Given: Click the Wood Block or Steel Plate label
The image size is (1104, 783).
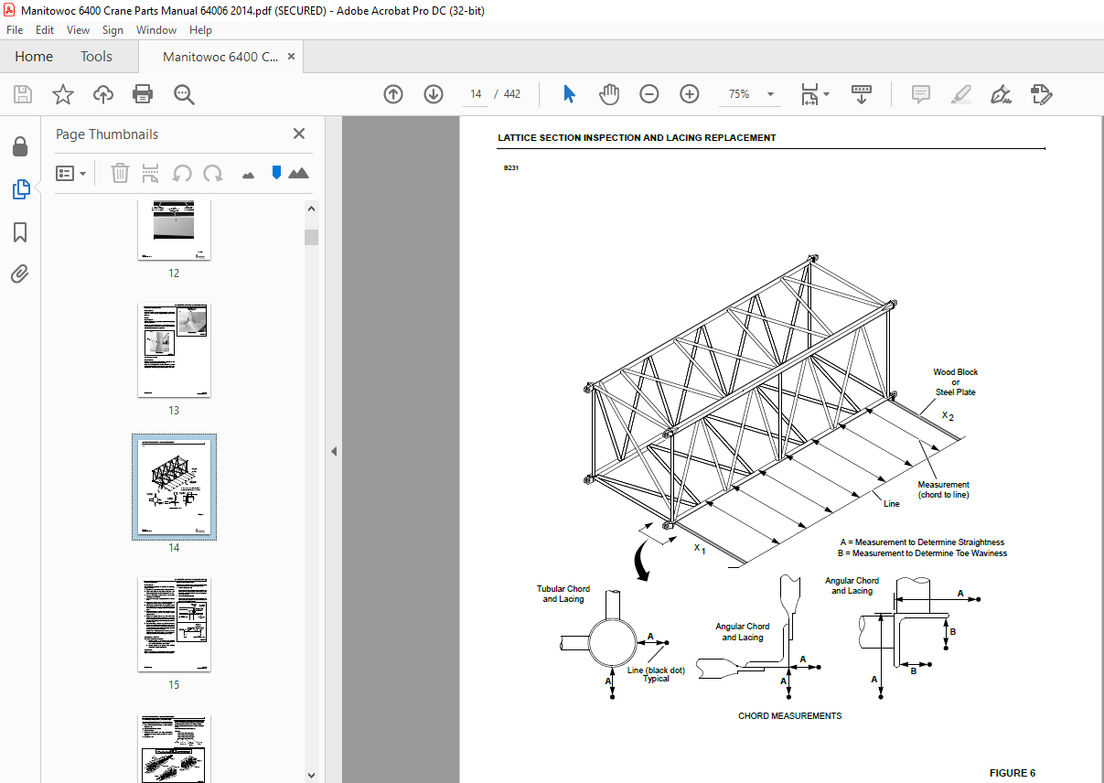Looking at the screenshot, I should (x=955, y=382).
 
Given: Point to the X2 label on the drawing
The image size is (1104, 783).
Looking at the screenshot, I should (x=949, y=415).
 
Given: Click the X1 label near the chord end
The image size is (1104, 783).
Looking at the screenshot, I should (x=700, y=549).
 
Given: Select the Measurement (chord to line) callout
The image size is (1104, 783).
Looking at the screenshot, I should (x=943, y=489).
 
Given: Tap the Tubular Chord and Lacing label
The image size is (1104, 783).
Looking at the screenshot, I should (x=563, y=594).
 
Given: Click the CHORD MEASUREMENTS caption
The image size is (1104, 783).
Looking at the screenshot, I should (x=789, y=715).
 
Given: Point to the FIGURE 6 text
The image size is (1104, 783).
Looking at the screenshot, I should (x=1012, y=773).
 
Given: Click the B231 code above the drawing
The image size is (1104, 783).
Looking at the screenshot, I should (x=510, y=168).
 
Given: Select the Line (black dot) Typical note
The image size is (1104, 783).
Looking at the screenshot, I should (x=656, y=674).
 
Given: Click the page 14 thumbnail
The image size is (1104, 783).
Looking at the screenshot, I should (x=174, y=487).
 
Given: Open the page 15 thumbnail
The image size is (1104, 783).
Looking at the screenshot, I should (x=174, y=624).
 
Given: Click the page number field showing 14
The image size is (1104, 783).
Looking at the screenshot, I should (x=476, y=94).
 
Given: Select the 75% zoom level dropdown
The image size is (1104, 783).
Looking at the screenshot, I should (x=751, y=94).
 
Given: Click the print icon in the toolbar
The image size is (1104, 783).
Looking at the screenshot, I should (x=143, y=94).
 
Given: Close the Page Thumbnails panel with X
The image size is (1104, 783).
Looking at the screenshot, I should (x=299, y=134).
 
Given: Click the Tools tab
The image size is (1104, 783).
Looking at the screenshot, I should (x=96, y=57).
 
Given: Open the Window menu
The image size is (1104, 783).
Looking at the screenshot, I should (x=156, y=30).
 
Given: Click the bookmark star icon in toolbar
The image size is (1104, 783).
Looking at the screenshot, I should (x=62, y=94).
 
